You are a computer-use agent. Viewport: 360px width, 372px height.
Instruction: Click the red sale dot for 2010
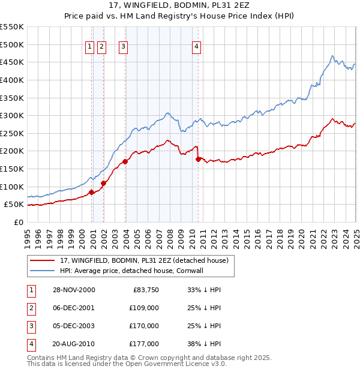click(x=198, y=159)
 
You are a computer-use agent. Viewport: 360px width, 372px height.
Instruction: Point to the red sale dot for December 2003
click(x=125, y=161)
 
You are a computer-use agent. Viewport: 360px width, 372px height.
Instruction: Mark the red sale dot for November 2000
click(x=92, y=192)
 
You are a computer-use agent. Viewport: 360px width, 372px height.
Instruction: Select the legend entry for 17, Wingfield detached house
click(x=144, y=260)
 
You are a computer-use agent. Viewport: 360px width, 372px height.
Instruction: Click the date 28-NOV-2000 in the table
click(x=74, y=290)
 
